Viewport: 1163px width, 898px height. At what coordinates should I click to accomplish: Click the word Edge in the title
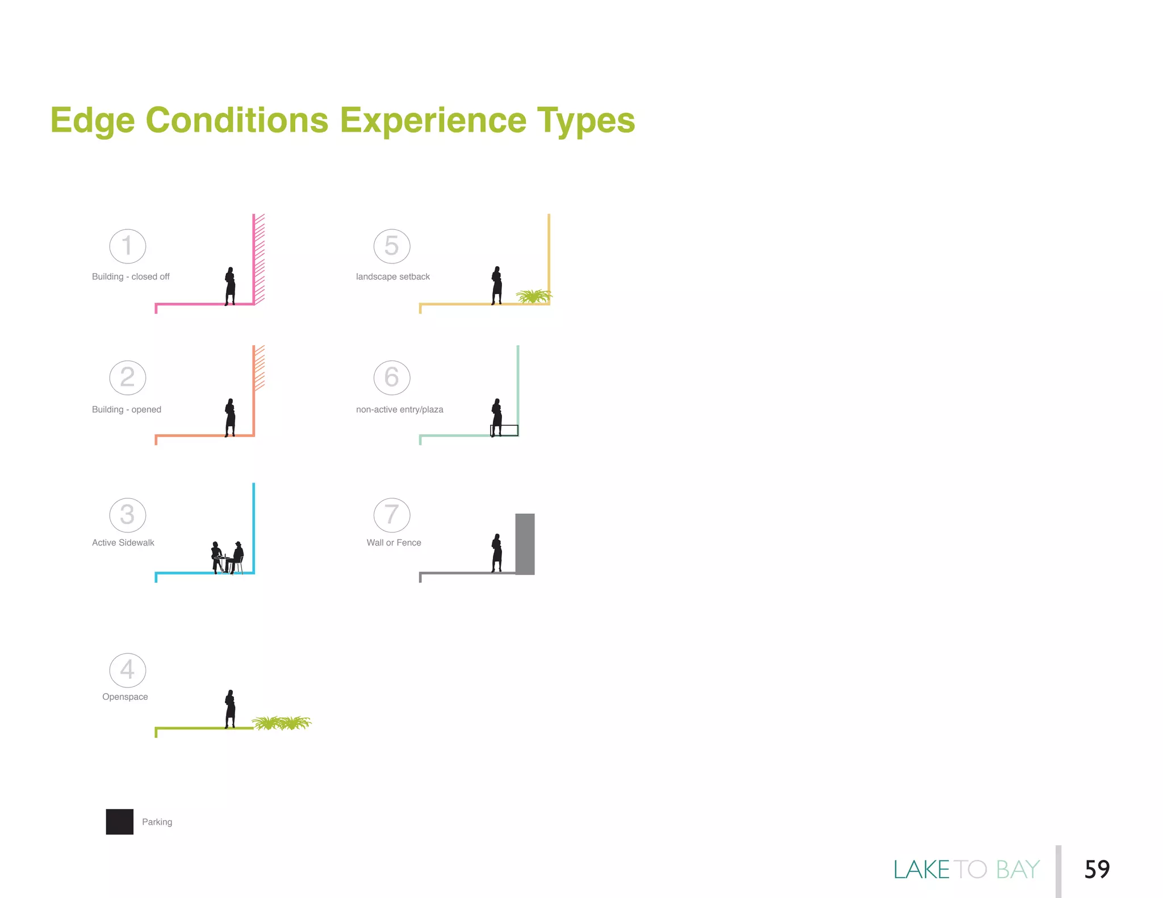click(x=93, y=120)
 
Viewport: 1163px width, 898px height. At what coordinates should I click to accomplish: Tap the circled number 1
click(x=128, y=246)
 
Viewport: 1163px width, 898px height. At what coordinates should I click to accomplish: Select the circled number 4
click(x=128, y=670)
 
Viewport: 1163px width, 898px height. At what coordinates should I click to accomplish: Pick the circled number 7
click(x=392, y=515)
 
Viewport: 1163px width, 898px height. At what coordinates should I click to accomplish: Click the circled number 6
click(x=392, y=377)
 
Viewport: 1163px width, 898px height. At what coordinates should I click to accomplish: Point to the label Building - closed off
click(x=131, y=276)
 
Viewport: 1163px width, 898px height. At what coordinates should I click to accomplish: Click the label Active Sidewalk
click(x=123, y=543)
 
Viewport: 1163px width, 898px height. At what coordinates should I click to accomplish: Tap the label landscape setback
click(x=392, y=276)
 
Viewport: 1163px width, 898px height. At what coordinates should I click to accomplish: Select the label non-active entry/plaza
click(x=399, y=409)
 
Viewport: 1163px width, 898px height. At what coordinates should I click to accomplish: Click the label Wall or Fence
click(x=394, y=543)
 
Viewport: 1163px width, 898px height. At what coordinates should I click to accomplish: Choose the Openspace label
click(x=125, y=696)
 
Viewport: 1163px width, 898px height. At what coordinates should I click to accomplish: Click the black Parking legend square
click(x=119, y=821)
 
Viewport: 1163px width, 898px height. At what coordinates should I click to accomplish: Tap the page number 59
click(x=1097, y=869)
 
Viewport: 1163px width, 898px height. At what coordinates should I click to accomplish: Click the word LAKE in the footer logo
click(x=921, y=870)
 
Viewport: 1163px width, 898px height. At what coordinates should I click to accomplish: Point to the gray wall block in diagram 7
click(x=525, y=544)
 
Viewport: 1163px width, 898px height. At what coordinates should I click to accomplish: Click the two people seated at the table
click(x=228, y=557)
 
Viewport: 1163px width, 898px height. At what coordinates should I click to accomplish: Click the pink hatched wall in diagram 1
click(x=260, y=258)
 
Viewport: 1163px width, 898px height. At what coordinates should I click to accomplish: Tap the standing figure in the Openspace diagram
click(x=230, y=708)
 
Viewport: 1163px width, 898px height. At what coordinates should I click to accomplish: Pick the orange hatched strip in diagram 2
click(x=260, y=368)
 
